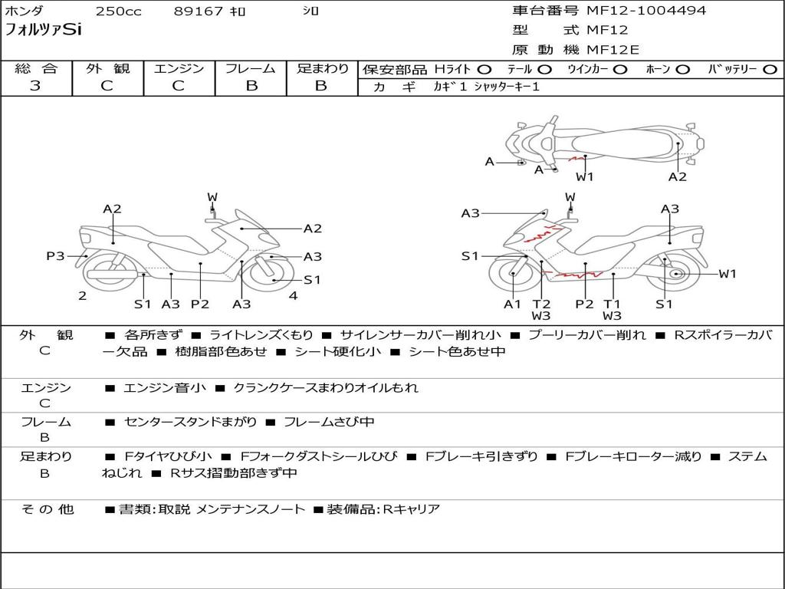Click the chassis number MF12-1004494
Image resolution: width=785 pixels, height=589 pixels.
tap(646, 11)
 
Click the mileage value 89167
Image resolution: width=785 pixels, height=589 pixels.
tap(199, 12)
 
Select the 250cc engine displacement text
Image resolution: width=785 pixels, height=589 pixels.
tap(118, 12)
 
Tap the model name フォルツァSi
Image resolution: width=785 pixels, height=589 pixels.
tap(43, 31)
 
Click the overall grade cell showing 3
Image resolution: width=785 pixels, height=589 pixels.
tap(35, 86)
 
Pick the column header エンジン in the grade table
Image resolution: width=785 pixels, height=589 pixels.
tap(179, 69)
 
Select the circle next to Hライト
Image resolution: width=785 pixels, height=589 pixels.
tap(484, 70)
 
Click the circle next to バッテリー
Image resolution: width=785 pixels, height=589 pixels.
tap(770, 70)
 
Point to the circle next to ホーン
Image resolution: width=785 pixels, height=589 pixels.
tap(682, 70)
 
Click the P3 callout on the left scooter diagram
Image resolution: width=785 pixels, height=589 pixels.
tap(55, 256)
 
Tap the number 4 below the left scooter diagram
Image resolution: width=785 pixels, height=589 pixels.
tap(293, 295)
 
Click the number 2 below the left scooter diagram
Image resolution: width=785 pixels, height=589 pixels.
tap(82, 295)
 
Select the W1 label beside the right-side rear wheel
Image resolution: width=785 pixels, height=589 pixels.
tap(727, 274)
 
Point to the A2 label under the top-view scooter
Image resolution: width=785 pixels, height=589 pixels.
tap(677, 177)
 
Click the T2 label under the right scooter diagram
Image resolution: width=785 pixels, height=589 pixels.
tap(541, 304)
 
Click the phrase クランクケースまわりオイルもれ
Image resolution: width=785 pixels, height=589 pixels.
tap(325, 388)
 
